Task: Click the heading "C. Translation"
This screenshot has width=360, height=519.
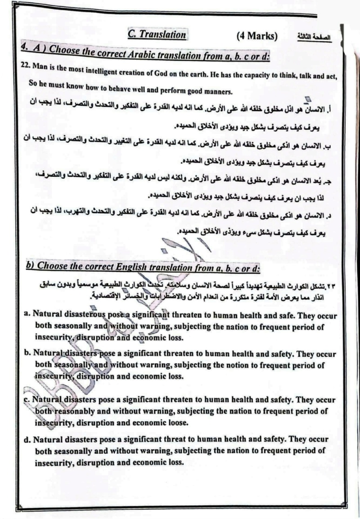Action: point(157,35)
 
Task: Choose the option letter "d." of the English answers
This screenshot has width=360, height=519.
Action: point(27,438)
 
